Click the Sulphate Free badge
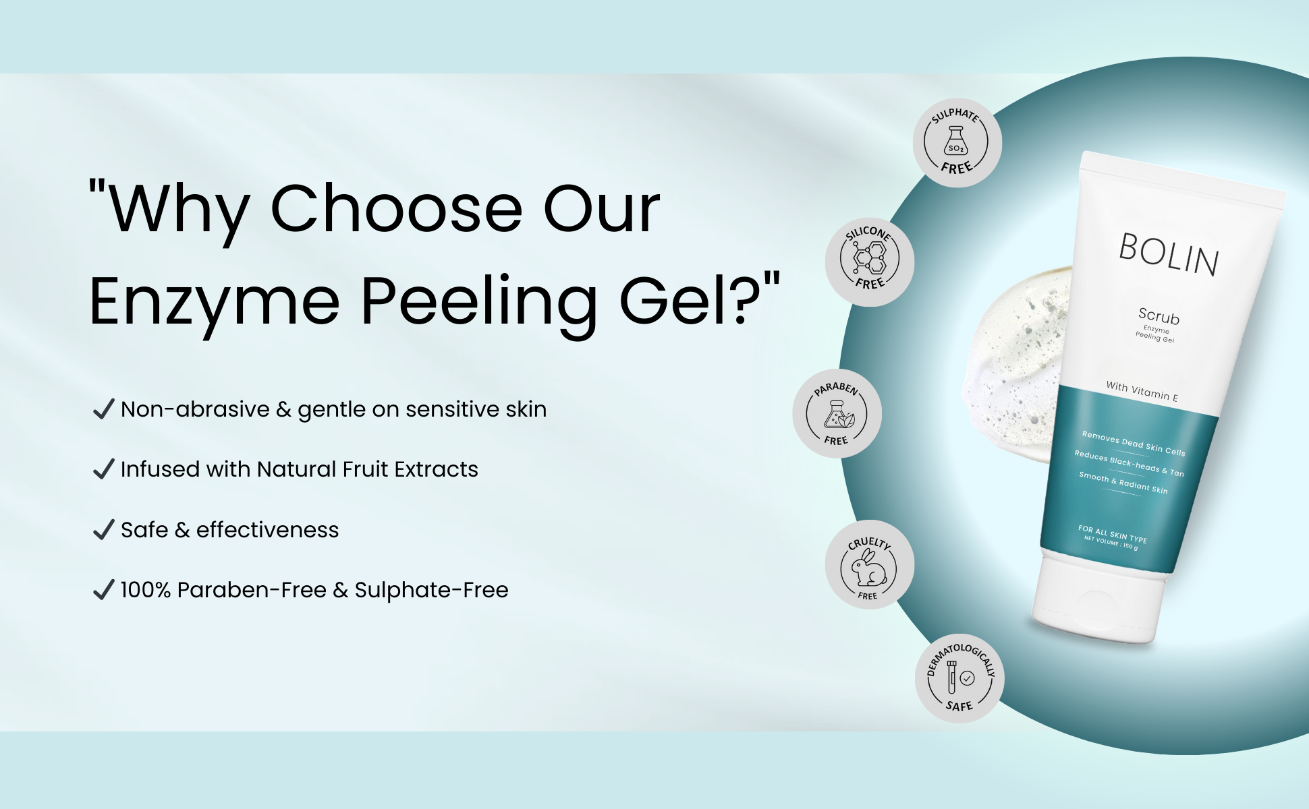click(957, 143)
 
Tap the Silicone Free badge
click(870, 262)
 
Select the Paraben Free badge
click(837, 413)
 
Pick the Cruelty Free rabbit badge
click(870, 564)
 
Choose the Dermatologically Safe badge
click(959, 678)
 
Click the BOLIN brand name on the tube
click(1169, 255)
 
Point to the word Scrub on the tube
click(1159, 316)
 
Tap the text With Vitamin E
click(1142, 391)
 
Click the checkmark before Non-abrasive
click(103, 409)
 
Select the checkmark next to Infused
click(103, 469)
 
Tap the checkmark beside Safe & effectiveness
click(103, 529)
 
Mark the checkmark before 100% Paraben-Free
click(103, 589)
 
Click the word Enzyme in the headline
click(215, 303)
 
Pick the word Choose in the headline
click(396, 209)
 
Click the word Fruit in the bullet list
click(365, 469)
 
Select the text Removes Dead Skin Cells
click(1134, 443)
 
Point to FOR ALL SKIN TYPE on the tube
click(1113, 534)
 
